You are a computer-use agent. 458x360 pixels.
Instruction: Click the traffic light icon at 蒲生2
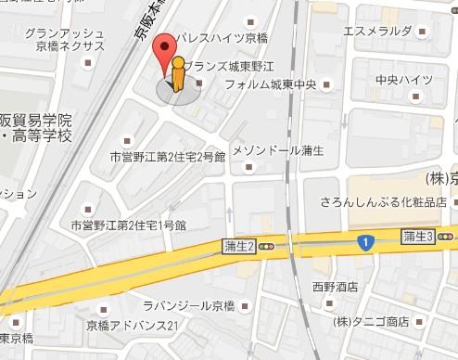point(267,248)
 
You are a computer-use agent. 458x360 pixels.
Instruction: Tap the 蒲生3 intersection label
point(418,237)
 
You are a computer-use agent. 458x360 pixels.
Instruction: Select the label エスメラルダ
point(377,31)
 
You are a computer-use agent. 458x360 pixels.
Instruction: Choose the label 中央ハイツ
point(400,80)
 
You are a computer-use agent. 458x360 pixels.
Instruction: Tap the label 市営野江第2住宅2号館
point(167,158)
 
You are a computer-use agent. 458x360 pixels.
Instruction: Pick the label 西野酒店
point(335,287)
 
